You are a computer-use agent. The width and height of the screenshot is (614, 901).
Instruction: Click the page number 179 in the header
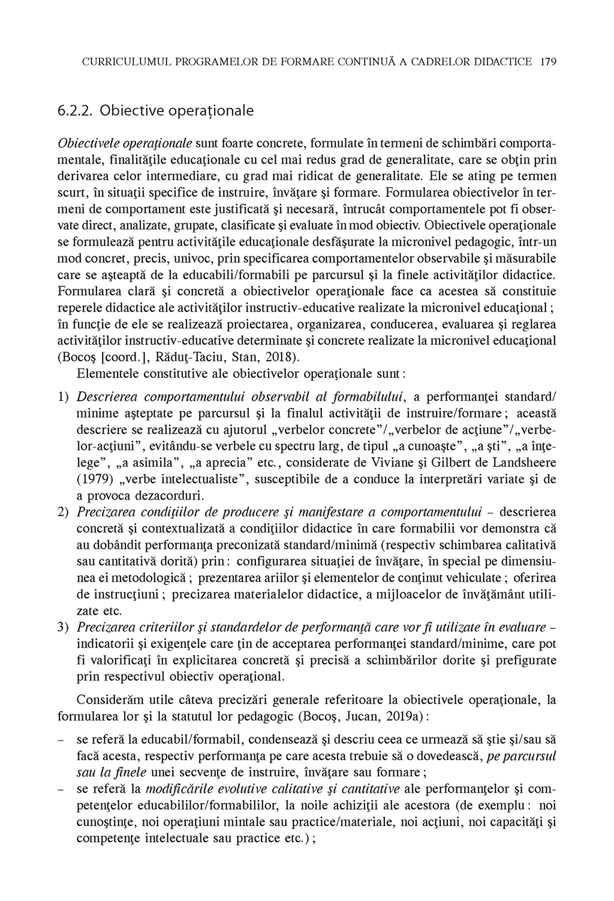coord(548,61)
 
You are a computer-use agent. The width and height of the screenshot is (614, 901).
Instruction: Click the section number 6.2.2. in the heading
coord(76,111)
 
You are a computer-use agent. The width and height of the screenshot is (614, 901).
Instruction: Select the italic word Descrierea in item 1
coord(107,397)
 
